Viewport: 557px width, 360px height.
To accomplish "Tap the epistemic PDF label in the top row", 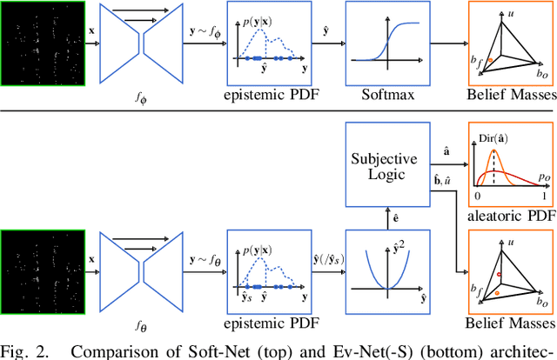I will click(x=269, y=94).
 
